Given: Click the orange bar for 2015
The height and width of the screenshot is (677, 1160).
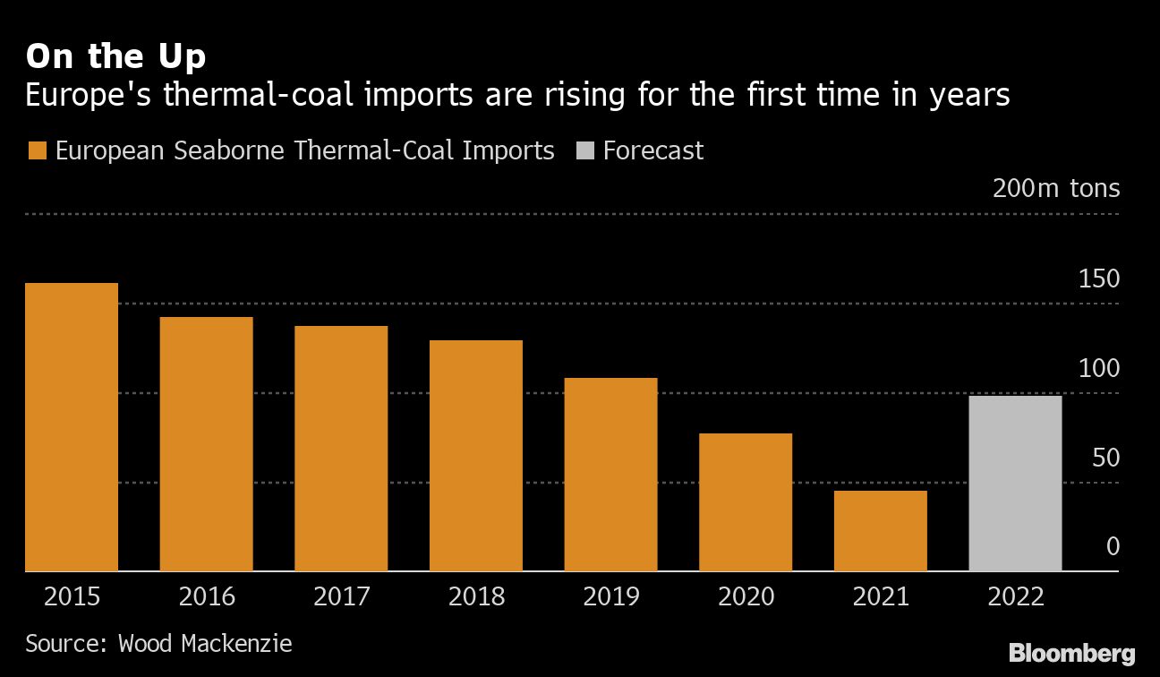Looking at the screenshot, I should point(72,427).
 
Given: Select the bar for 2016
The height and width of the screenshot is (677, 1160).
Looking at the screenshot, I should point(206,444).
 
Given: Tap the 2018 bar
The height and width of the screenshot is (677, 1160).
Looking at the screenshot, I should point(475,456).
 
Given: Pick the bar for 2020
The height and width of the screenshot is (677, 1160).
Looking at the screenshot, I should point(745,502).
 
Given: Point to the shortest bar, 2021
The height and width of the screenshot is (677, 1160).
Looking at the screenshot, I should point(880,531).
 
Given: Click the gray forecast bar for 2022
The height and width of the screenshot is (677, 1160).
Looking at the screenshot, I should point(1015,484).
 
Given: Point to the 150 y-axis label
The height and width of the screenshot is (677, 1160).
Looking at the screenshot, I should point(1098,279).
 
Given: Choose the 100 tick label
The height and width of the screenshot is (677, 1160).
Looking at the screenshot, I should point(1098,369).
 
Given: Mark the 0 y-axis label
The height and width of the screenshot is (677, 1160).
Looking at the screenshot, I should point(1113,546).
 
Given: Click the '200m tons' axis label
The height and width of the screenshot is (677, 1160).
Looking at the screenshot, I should point(1055,189).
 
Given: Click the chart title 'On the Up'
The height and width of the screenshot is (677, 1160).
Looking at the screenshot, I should point(115,57).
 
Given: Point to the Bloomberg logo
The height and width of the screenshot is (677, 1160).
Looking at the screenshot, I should point(1071,653).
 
